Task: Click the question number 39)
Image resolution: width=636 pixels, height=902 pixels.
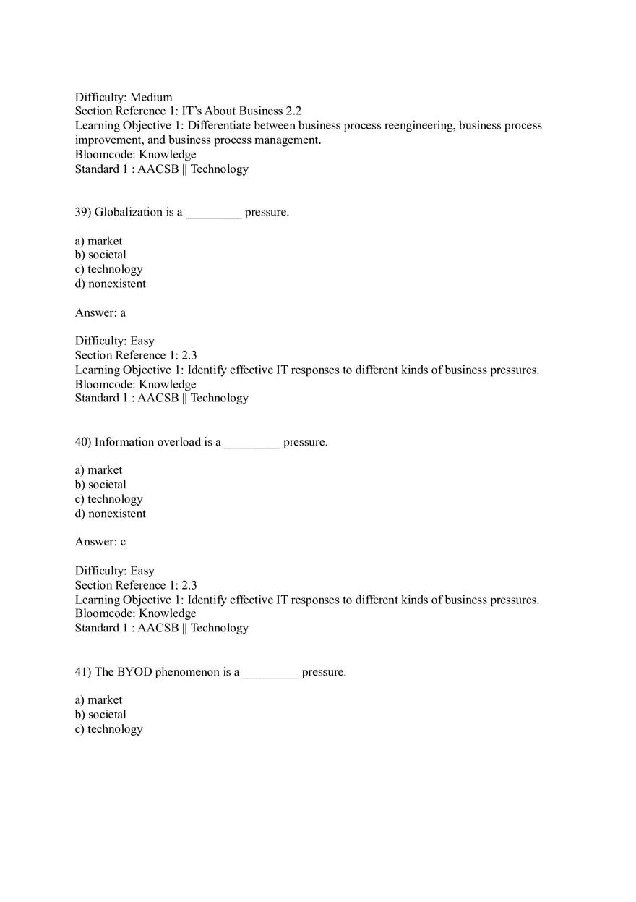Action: click(x=83, y=212)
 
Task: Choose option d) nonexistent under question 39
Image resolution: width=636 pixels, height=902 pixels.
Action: click(x=110, y=284)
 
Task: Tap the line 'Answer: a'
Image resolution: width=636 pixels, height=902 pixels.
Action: click(x=100, y=312)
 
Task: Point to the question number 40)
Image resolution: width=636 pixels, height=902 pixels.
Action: click(x=83, y=442)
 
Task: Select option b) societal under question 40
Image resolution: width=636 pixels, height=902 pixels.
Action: click(x=100, y=485)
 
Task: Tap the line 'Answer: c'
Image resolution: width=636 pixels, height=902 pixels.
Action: click(x=100, y=542)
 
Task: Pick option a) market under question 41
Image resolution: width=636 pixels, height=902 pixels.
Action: click(x=98, y=700)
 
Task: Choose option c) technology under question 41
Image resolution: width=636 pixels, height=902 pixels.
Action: click(x=108, y=729)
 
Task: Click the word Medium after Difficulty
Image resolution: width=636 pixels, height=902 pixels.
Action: click(x=151, y=97)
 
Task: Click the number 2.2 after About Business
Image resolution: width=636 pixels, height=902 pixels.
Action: click(x=293, y=111)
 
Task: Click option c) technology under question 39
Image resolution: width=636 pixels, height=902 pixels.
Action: click(x=108, y=269)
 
